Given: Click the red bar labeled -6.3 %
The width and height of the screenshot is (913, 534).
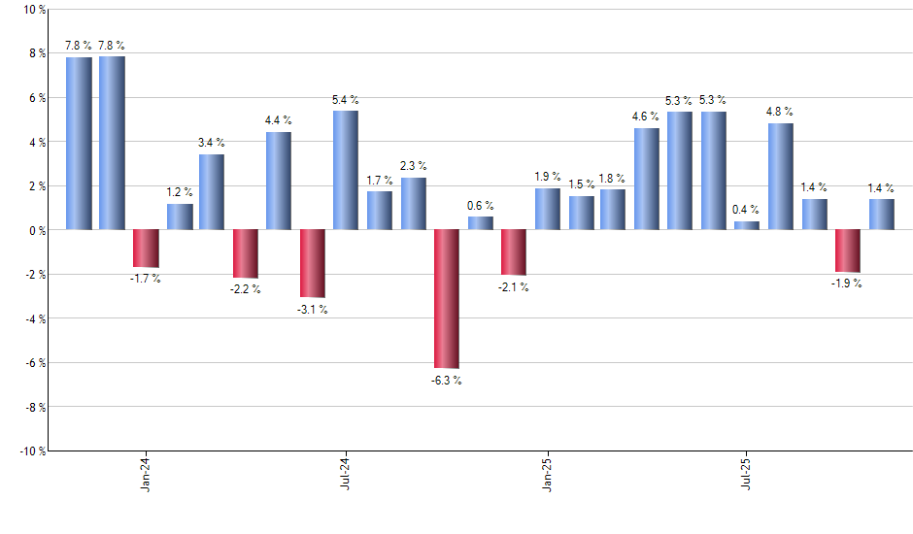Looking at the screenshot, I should (447, 298).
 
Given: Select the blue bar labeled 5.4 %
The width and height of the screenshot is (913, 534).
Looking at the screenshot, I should (346, 170).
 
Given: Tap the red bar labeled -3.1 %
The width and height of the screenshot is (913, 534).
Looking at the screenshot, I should (312, 263).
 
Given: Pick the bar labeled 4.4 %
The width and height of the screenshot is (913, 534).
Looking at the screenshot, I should (279, 181).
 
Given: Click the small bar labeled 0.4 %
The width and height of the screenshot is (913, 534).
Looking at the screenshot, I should (747, 225).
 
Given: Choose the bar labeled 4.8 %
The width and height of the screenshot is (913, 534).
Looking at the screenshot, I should (781, 176).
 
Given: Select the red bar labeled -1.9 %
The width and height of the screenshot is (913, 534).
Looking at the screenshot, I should (848, 250).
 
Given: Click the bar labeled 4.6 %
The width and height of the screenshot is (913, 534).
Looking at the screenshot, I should (647, 179).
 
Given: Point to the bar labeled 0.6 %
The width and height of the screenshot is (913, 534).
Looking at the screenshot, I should (480, 222).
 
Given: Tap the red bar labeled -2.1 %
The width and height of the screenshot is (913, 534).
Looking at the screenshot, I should (513, 252).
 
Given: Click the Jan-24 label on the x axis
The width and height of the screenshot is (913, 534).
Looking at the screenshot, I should (146, 475).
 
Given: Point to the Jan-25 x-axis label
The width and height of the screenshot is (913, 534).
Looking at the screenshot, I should (547, 475).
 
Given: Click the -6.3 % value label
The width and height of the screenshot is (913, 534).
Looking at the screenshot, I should (447, 381).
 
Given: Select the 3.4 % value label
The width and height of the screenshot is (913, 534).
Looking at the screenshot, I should (212, 142).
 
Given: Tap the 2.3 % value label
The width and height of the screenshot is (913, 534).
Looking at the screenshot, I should (413, 166).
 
